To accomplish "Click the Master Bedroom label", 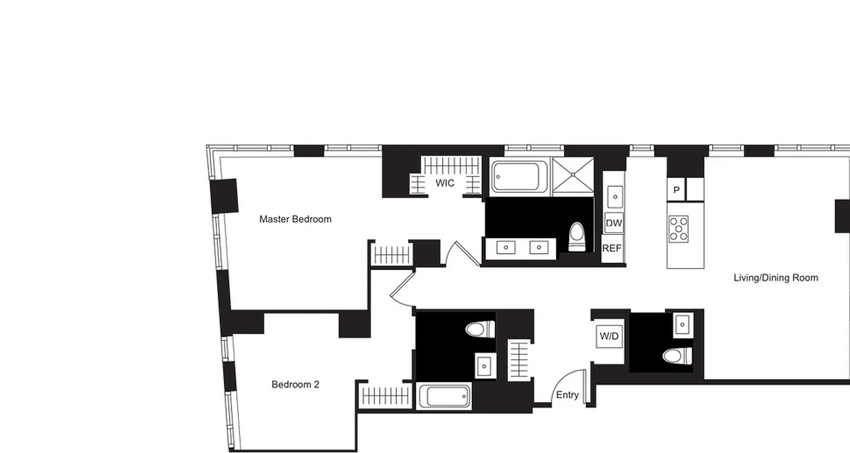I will [x=295, y=219].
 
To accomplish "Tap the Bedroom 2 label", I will [x=295, y=384].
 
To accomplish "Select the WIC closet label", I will [x=445, y=183].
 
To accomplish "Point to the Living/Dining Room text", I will [x=776, y=277].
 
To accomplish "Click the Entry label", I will [x=567, y=395].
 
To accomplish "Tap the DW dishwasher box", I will [x=614, y=223].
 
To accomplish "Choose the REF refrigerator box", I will [x=612, y=248].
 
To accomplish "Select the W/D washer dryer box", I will [x=609, y=336].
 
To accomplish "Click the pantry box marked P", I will [x=676, y=190].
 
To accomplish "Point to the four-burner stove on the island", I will [x=678, y=229].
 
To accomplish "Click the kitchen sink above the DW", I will [x=614, y=196].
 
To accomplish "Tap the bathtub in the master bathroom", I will [x=520, y=177].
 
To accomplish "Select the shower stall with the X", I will [x=573, y=177].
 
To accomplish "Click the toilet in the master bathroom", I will [x=577, y=237].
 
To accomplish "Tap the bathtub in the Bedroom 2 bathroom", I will [x=444, y=396].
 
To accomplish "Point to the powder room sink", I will [x=683, y=325].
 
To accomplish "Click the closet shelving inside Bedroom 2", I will [x=385, y=395].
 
